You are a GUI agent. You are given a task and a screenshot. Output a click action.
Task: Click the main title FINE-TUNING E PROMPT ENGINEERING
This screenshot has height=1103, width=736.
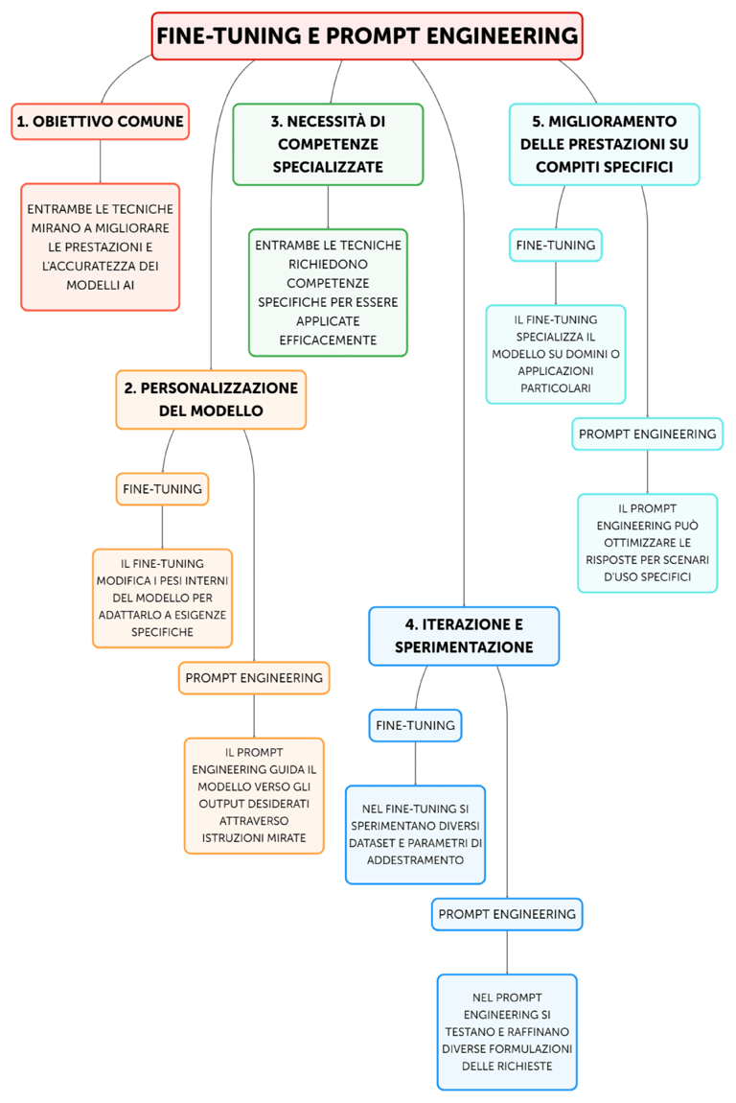coord(367,36)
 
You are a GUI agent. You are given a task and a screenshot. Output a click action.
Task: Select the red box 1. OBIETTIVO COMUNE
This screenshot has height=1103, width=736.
coord(101,122)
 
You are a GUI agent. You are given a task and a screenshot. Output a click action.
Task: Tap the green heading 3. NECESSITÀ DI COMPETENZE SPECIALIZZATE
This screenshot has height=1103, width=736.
coord(328,144)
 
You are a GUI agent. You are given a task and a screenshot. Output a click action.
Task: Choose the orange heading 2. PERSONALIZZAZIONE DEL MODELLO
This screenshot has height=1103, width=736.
coord(211,399)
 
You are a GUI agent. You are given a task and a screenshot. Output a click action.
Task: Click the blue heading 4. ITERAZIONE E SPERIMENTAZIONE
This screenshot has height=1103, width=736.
coord(464,636)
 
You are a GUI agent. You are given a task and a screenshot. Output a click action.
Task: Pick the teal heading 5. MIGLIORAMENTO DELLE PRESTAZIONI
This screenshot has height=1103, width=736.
coord(604,144)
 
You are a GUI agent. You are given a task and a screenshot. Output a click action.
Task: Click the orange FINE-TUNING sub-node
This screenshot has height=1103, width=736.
coord(162,488)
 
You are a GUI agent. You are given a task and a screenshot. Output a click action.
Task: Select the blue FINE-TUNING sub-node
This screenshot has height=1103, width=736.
coord(415,725)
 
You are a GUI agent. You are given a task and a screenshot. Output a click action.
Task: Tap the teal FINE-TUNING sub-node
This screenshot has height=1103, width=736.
coord(556,245)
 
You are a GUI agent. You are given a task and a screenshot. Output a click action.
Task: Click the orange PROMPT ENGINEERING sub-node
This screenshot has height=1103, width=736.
coord(254,677)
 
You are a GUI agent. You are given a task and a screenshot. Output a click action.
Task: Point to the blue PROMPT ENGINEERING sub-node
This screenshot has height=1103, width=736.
coord(507,914)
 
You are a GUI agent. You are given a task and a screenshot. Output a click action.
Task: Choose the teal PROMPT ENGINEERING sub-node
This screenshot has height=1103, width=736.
coord(647,434)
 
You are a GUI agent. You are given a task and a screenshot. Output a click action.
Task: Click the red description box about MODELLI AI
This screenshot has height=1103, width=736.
coord(101,246)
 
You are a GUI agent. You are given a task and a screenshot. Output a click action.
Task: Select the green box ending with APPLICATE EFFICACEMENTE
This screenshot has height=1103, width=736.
coord(328,293)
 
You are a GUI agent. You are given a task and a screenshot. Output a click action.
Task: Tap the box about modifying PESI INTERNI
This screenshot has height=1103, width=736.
coord(162,598)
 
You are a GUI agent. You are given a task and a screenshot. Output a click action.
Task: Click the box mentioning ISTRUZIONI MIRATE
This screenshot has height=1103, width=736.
coord(254,795)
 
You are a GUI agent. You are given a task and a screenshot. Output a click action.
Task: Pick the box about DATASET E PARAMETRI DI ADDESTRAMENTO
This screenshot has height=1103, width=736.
coord(415,834)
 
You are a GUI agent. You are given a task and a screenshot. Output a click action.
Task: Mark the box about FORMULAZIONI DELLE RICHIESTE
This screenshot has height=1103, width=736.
coord(507,1032)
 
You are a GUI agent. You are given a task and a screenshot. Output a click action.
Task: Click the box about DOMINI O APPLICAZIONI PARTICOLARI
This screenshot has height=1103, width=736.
coord(556,354)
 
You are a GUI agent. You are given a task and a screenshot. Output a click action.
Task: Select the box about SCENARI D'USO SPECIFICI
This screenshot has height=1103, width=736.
coord(647,543)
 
